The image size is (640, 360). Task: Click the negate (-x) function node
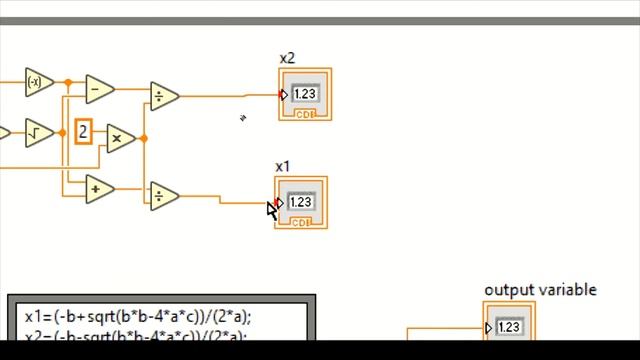[x=37, y=82]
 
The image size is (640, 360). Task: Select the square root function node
[x=37, y=131]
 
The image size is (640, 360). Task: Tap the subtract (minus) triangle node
[x=99, y=89]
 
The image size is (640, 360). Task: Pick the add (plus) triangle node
[x=98, y=187]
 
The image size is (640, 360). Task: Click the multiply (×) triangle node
[x=119, y=138]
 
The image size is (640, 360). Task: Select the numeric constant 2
[x=84, y=131]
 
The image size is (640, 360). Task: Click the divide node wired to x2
[x=162, y=96]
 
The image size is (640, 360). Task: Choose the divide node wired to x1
[x=162, y=196]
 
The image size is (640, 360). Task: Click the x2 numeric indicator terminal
[x=305, y=95]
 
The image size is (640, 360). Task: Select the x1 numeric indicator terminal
[x=301, y=203]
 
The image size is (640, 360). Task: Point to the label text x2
[x=287, y=58]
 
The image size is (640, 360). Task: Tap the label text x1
[x=283, y=166]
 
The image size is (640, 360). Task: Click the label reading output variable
[x=540, y=290]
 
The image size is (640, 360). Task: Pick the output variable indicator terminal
[x=509, y=328]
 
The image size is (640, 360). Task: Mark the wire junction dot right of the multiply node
[x=144, y=138]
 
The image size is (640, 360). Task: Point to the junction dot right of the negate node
[x=68, y=82]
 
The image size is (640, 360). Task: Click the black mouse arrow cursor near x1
[x=272, y=208]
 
